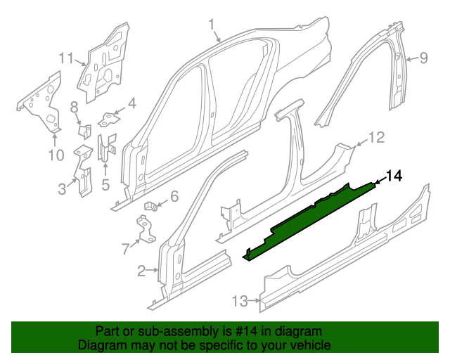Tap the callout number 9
click(423, 59)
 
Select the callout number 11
click(65, 58)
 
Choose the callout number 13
click(240, 301)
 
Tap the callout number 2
click(141, 271)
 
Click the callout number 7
click(125, 247)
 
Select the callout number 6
click(174, 196)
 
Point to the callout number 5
click(105, 185)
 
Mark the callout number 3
click(62, 188)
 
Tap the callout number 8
click(73, 107)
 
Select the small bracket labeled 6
click(151, 206)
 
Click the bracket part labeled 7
click(146, 229)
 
